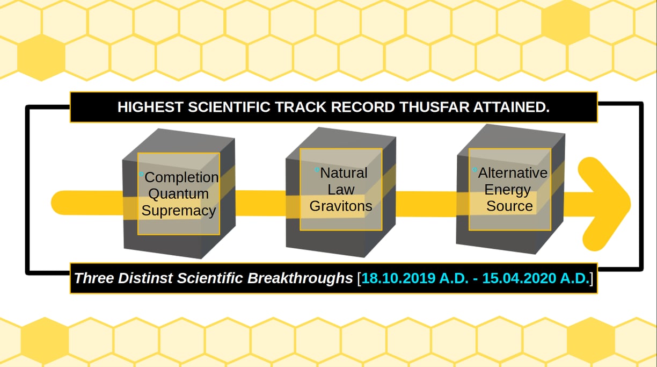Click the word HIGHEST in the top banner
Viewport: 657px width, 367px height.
[150, 107]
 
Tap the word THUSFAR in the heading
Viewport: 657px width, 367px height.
[434, 107]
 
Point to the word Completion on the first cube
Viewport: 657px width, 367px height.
[181, 177]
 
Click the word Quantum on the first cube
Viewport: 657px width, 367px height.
[178, 194]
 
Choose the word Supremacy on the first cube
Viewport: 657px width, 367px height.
[179, 211]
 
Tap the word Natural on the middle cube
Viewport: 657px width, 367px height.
[344, 172]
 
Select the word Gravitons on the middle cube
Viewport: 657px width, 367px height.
[341, 206]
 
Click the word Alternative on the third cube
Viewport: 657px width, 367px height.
[513, 172]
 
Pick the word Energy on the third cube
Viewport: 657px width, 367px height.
[507, 190]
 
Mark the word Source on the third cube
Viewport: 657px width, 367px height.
[509, 206]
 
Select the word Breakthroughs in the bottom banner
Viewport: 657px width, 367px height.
[300, 278]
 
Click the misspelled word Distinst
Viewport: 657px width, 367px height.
[145, 278]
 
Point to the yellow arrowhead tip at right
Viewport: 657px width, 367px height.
[630, 204]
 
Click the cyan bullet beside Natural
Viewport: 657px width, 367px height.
[317, 169]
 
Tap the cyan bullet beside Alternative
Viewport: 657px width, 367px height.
[475, 169]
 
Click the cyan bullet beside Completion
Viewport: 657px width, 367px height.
[141, 174]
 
